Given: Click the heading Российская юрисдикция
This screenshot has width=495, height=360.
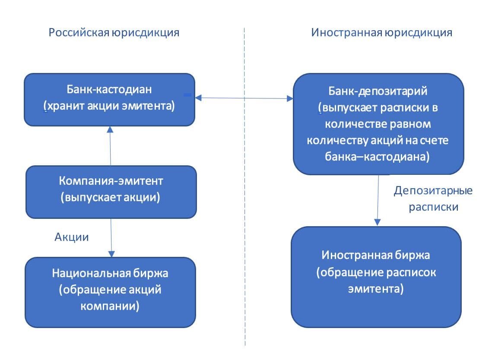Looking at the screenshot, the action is click(x=114, y=32).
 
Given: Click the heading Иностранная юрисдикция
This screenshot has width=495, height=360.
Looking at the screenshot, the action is click(x=382, y=32).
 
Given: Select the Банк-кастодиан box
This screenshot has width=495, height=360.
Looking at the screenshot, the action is click(x=110, y=100).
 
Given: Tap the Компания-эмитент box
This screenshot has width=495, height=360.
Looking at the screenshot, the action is click(x=111, y=192).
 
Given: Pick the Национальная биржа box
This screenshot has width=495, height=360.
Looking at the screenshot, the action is click(x=110, y=292).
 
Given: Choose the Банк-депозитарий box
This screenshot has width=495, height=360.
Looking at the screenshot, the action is click(x=378, y=124).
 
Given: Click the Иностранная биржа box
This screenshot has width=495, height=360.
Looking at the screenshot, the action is click(x=376, y=277).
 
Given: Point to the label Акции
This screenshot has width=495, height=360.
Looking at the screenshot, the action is click(x=72, y=237).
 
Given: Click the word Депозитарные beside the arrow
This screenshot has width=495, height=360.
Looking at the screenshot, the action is click(x=433, y=190).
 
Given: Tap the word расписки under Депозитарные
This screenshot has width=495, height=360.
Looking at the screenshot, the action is click(x=433, y=207).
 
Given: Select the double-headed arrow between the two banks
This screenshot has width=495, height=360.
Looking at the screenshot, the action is click(x=244, y=98).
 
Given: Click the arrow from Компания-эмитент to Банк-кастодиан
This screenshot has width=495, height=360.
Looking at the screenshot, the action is click(x=110, y=146).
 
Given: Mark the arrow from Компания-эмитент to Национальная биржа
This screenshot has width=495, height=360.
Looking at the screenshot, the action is click(x=111, y=238).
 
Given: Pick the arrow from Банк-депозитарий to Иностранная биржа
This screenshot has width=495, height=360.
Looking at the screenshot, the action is click(x=378, y=200).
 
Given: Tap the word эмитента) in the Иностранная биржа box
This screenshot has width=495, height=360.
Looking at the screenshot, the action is click(x=376, y=289).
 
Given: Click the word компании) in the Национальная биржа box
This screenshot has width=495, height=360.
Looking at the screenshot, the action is click(x=110, y=306).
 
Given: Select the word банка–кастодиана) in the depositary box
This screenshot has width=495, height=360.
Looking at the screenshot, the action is click(x=377, y=157).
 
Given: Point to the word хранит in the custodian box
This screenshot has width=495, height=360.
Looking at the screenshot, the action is click(x=65, y=106).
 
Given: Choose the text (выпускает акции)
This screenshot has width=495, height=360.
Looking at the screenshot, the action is click(x=111, y=197).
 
